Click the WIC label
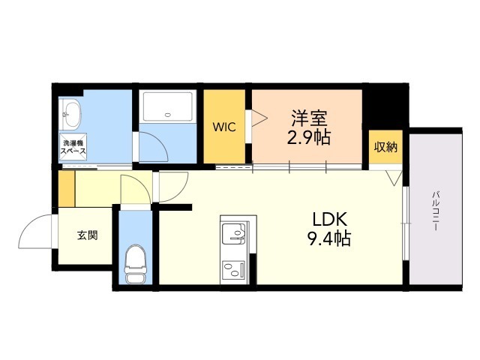(x=224, y=127)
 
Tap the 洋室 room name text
(x=309, y=118)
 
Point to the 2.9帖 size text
(x=309, y=137)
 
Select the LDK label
(x=329, y=220)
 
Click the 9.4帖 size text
(x=329, y=238)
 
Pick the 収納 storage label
(x=385, y=147)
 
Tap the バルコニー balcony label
(x=436, y=211)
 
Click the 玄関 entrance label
(x=87, y=235)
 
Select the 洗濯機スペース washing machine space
(x=73, y=147)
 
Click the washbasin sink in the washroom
(x=71, y=115)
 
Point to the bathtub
(x=168, y=106)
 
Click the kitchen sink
(x=233, y=234)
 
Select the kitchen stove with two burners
(x=233, y=268)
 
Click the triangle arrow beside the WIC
(x=259, y=118)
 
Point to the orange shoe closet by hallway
(x=67, y=188)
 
